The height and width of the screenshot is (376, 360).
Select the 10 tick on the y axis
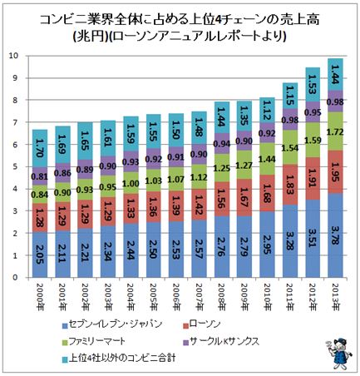tap(14, 56)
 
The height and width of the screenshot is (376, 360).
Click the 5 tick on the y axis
tap(17, 167)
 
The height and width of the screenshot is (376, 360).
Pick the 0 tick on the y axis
tap(17, 279)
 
